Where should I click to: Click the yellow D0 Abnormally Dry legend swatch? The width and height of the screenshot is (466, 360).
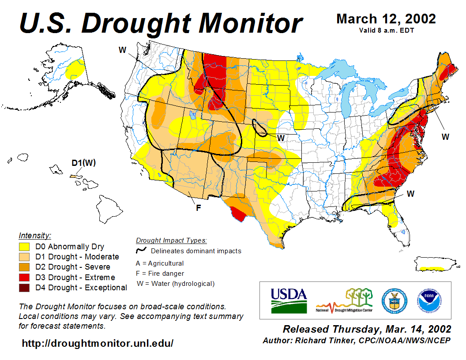[24, 247]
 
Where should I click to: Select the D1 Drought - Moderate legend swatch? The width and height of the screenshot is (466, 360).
[24, 257]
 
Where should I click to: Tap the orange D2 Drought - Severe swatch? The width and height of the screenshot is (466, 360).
[24, 267]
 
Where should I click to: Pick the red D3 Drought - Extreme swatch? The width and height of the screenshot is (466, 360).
[24, 277]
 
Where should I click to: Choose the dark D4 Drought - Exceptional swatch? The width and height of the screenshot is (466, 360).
[24, 288]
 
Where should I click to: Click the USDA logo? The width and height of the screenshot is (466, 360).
[289, 300]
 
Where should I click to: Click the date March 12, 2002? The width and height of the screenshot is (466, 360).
[386, 19]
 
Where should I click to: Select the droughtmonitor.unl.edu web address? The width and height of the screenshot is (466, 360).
[98, 343]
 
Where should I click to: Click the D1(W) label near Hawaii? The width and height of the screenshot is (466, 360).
[83, 163]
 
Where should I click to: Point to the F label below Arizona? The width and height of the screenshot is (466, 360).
[199, 207]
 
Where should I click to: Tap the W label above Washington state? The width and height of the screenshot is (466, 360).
[123, 50]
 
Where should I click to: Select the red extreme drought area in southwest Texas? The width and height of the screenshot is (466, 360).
[238, 214]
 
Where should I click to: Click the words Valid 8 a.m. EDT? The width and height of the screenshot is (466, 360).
[386, 30]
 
